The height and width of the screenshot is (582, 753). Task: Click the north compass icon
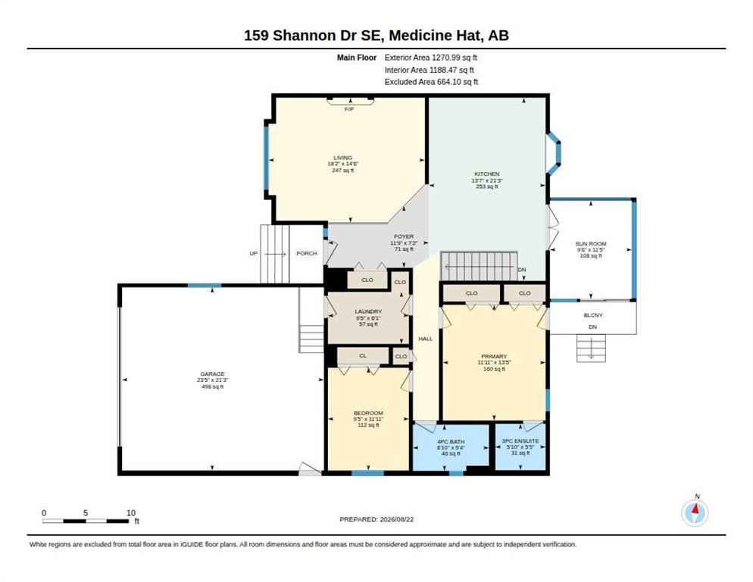point(695,513)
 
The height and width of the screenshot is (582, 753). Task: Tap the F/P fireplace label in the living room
point(349,110)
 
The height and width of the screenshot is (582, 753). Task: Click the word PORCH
point(307,253)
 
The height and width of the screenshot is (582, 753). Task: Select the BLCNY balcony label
point(593,315)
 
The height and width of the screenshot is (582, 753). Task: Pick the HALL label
point(426,339)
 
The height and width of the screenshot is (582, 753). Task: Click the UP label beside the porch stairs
point(253,253)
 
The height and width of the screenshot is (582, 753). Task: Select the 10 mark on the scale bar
point(130,513)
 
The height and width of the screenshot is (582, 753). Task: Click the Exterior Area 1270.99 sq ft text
point(431,58)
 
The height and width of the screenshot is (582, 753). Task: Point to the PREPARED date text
point(376,520)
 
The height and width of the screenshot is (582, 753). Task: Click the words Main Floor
point(356,58)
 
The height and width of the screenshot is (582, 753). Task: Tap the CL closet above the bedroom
point(363,355)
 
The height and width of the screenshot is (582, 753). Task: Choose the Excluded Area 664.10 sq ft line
point(431,82)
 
